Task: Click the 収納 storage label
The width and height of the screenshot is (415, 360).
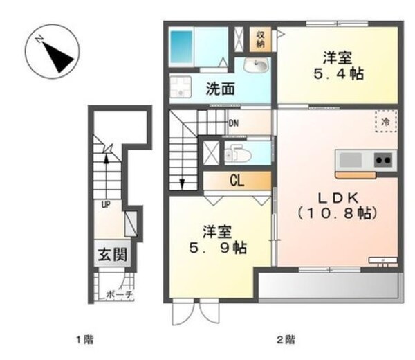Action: [261, 39]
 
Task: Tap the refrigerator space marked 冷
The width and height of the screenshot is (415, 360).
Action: [385, 120]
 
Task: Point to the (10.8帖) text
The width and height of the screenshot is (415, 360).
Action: [338, 214]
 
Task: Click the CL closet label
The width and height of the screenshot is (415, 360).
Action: [237, 181]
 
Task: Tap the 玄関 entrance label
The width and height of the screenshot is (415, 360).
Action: [111, 255]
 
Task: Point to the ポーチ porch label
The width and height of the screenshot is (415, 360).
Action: [119, 294]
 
